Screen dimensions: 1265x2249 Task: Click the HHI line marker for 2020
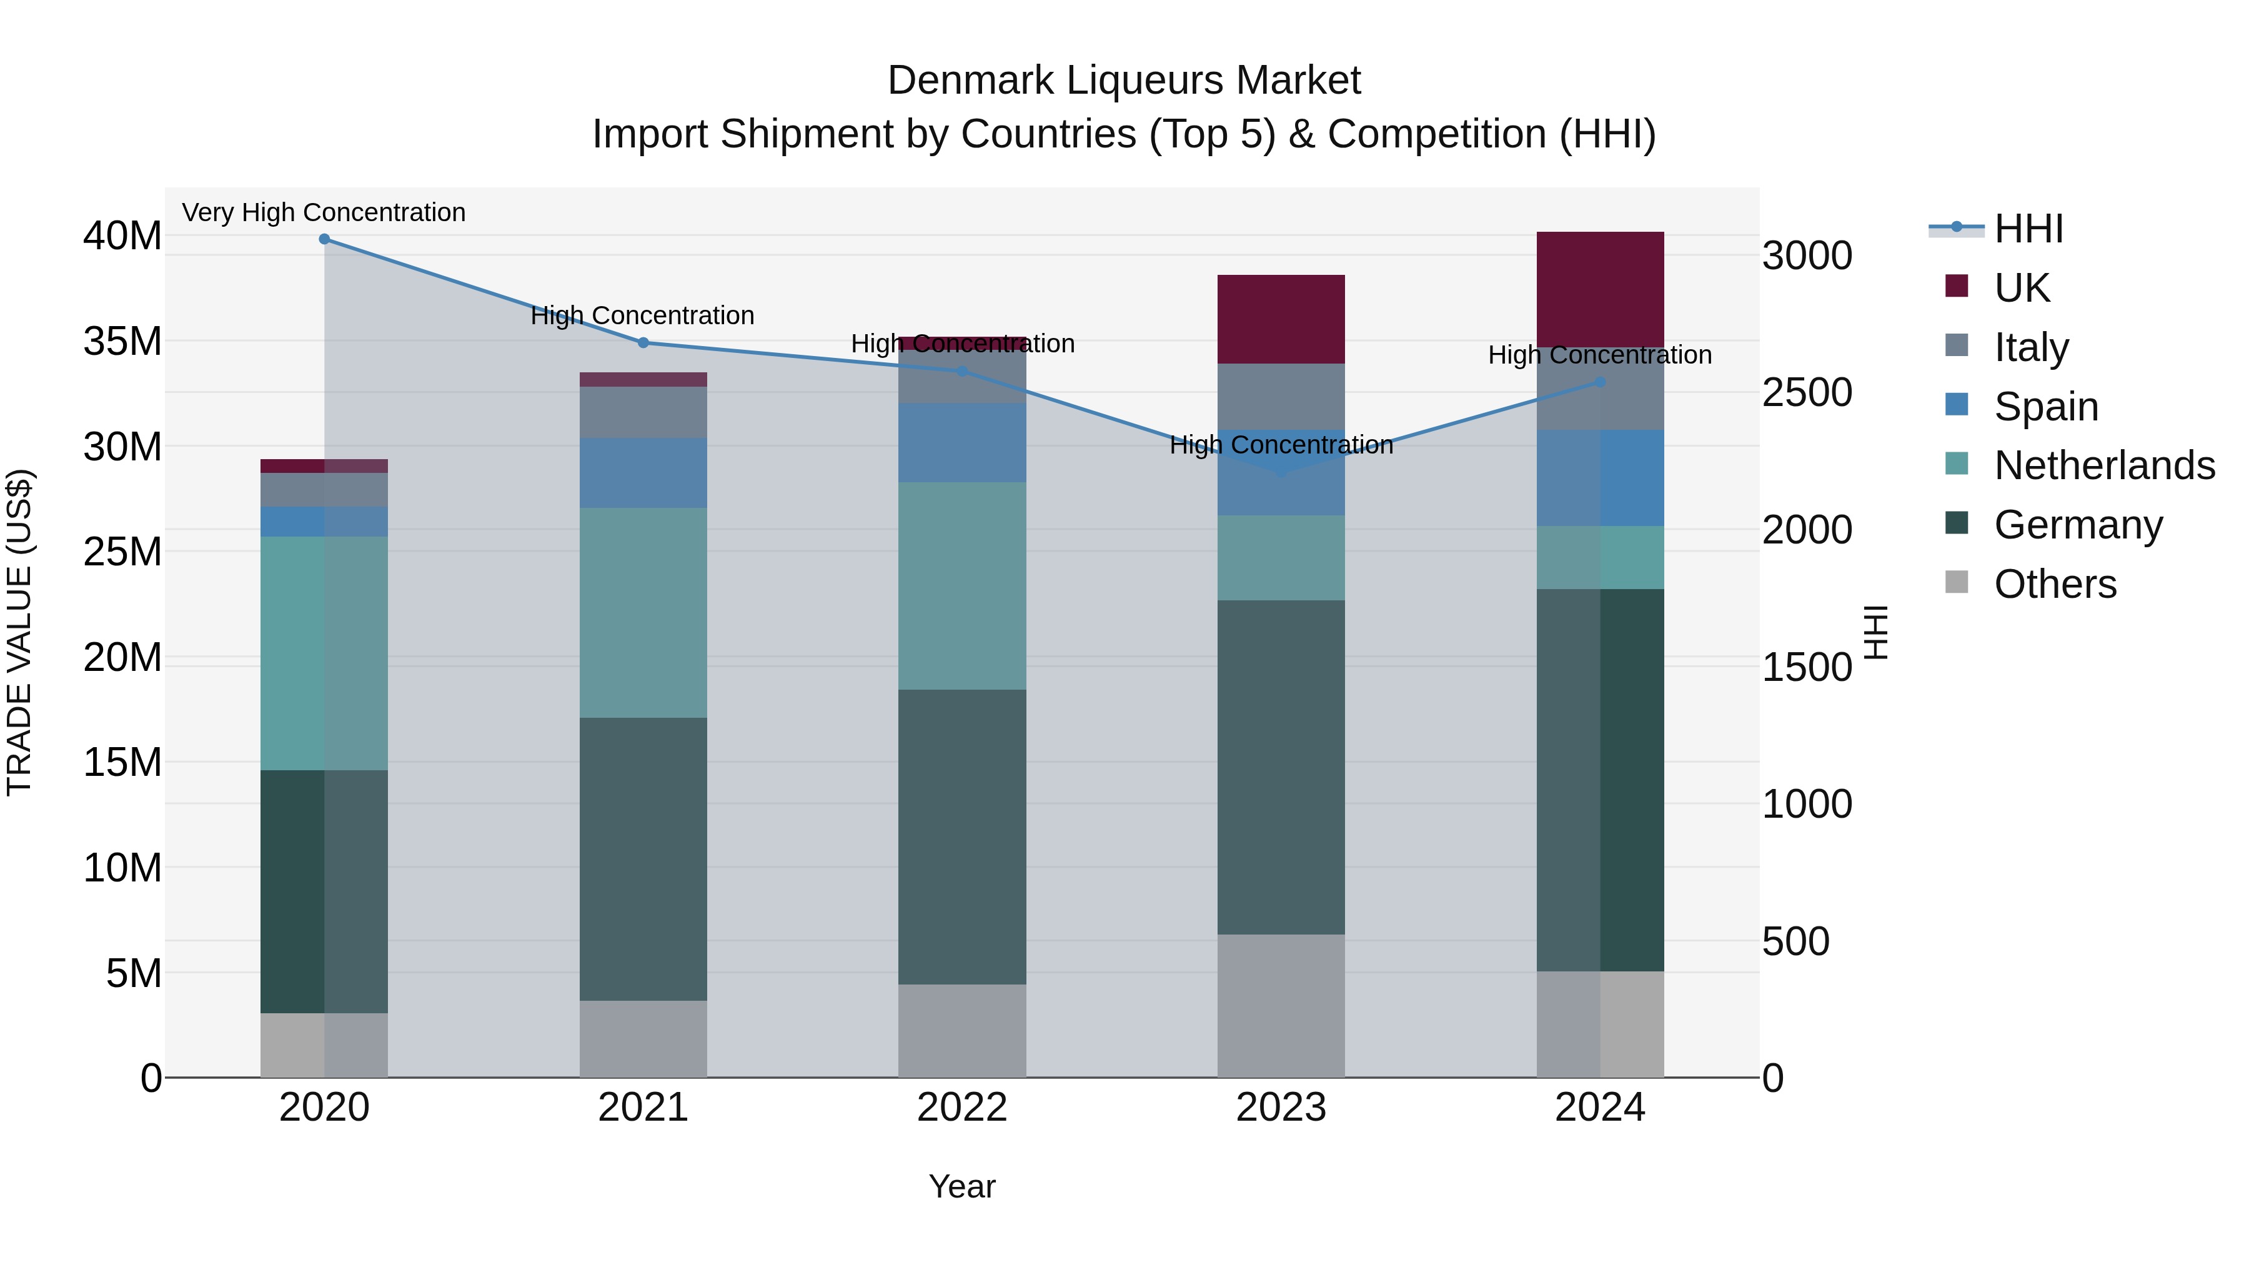[324, 239]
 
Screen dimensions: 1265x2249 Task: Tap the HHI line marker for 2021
[643, 343]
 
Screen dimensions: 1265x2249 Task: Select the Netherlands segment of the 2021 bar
[643, 612]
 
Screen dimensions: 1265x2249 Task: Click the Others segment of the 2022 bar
[962, 1030]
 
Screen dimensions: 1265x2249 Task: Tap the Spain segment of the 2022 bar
[962, 443]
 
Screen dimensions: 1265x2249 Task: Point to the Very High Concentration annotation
[324, 213]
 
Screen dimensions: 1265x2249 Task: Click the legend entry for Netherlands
[2104, 465]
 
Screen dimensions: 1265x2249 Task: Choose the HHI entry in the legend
[2028, 229]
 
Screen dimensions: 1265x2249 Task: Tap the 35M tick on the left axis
[122, 341]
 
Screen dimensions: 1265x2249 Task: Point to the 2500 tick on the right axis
[1806, 393]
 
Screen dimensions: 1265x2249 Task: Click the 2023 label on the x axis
[1281, 1108]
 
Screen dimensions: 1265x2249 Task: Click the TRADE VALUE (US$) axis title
[19, 632]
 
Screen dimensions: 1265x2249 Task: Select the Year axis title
[961, 1186]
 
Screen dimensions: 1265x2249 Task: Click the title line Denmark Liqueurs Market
[1124, 81]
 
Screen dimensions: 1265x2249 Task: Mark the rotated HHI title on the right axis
[1876, 632]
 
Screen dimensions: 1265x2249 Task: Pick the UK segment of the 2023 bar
[1281, 319]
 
